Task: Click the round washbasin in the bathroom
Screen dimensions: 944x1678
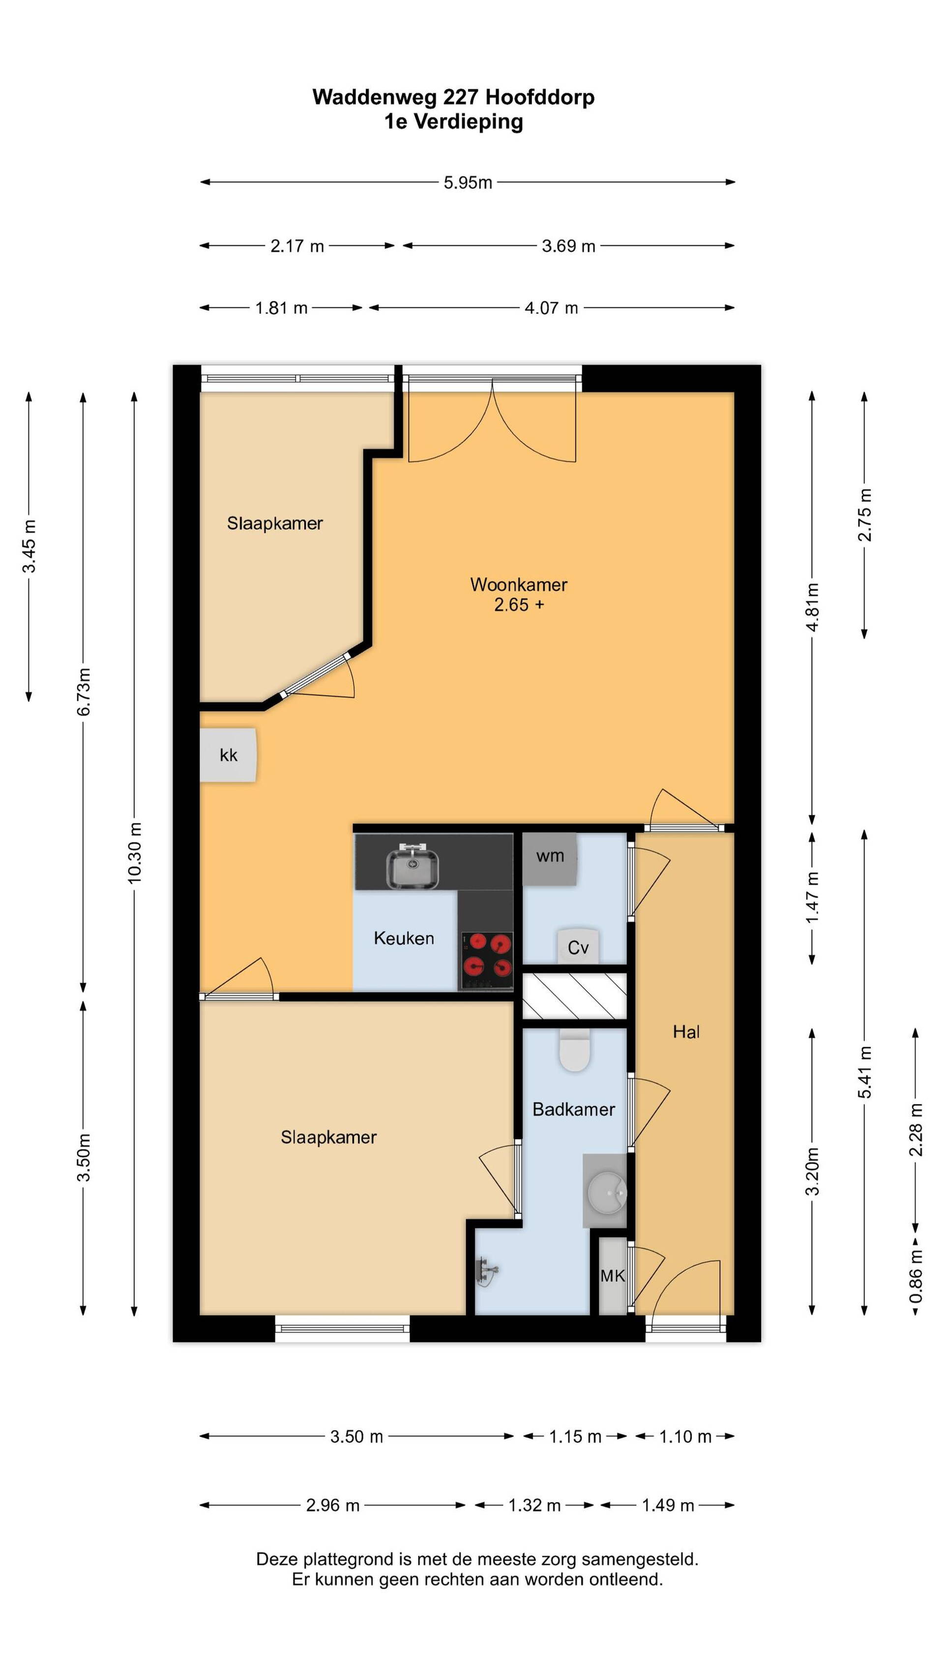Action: click(x=606, y=1192)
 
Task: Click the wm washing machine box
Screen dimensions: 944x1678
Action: click(x=550, y=859)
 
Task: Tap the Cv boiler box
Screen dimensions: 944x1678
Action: click(x=578, y=947)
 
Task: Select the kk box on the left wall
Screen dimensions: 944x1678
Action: click(x=228, y=754)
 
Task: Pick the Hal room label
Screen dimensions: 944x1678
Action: click(x=686, y=1031)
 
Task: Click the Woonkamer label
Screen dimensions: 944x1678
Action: click(x=519, y=584)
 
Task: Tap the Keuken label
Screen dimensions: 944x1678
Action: click(x=404, y=938)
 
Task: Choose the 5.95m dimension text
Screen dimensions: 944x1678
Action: click(x=468, y=182)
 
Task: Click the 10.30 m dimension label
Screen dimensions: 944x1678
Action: click(x=134, y=853)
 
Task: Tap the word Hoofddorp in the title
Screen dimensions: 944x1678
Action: click(x=540, y=97)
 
